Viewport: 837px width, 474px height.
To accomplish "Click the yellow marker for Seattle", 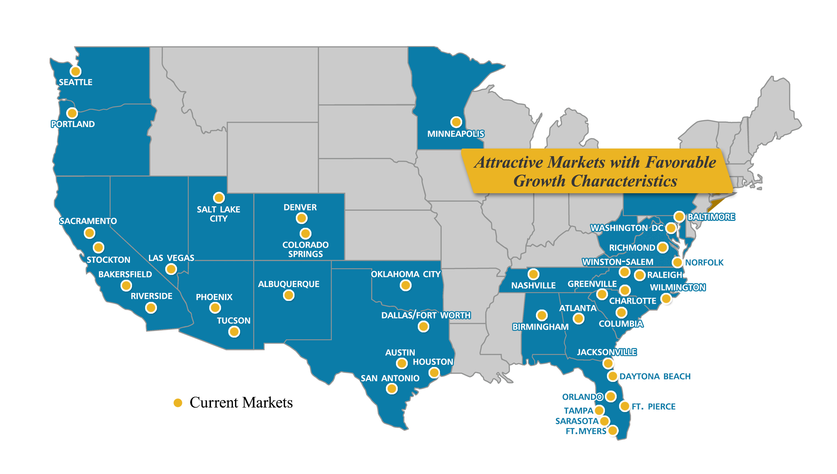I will [x=76, y=71].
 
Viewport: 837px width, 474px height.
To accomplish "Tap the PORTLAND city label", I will [x=73, y=124].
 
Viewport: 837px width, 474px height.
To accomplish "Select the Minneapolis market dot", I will [x=456, y=122].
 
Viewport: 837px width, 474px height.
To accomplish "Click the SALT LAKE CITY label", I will [x=218, y=214].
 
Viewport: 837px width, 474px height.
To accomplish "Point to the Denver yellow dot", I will [x=301, y=218].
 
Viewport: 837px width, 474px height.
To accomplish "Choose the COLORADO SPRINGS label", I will [x=305, y=249].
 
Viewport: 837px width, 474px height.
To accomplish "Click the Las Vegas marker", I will [x=171, y=269].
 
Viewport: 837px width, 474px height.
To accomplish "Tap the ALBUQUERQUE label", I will [x=289, y=284].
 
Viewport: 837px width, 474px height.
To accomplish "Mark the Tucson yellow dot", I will [x=234, y=332].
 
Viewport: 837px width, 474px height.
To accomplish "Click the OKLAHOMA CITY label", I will [x=405, y=274].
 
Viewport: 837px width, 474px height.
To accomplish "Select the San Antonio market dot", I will [x=392, y=389].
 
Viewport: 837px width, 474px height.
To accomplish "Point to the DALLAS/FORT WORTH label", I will [x=426, y=315].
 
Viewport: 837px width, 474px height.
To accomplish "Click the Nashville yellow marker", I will [x=533, y=274].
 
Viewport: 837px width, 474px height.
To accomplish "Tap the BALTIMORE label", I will [x=711, y=217].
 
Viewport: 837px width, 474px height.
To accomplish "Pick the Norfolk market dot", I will [x=677, y=262].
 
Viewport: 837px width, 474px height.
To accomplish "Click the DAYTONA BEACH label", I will [x=655, y=376].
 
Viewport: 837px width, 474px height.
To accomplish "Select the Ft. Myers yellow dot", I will [x=613, y=430].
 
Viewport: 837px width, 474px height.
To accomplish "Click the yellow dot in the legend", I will [x=178, y=403].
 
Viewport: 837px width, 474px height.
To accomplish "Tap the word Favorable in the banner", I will [x=680, y=162].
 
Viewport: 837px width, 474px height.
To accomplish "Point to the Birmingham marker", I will [x=541, y=315].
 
